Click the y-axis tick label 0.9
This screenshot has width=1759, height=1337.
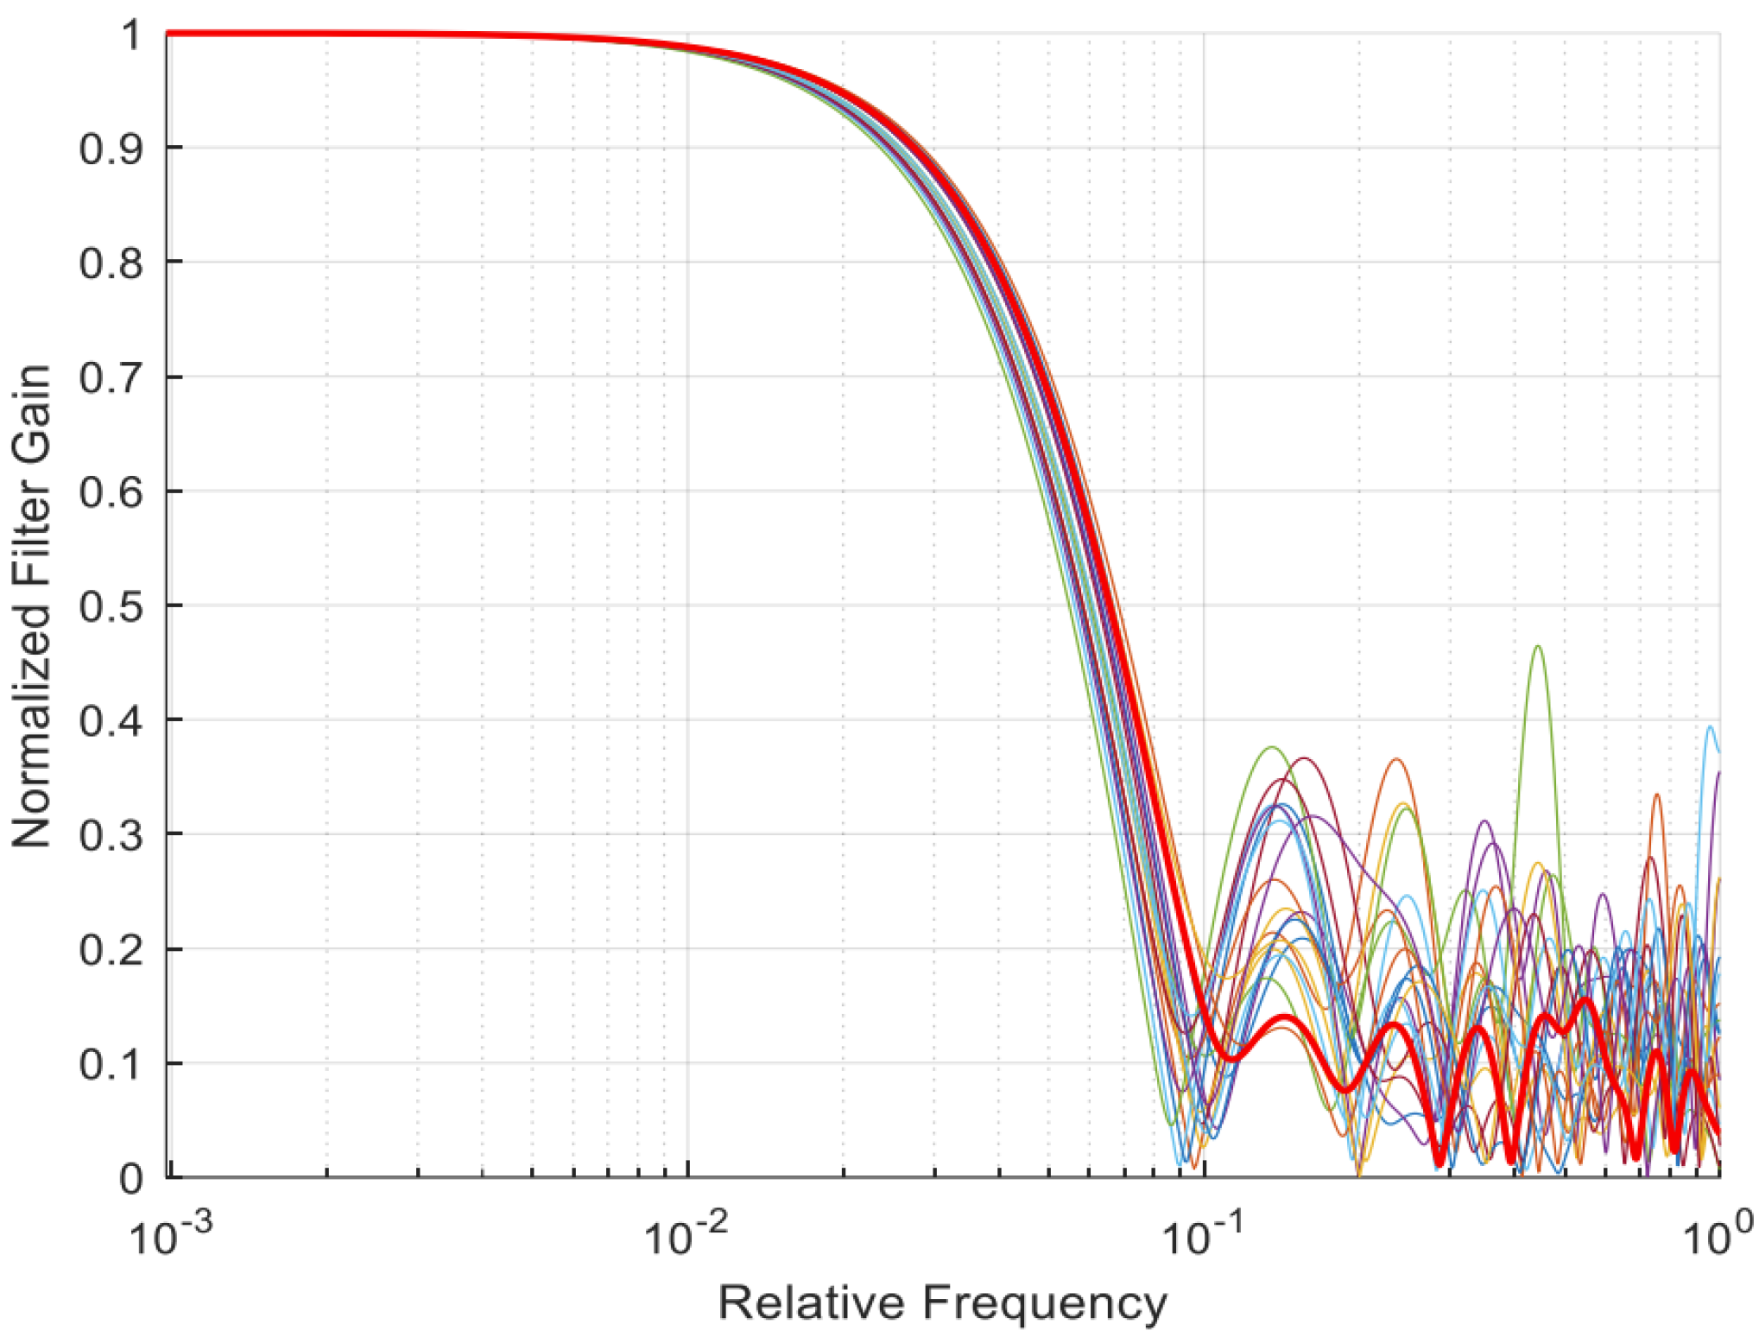coord(111,149)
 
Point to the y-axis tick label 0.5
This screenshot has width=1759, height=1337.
coord(111,607)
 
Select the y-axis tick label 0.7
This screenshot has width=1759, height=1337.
coord(111,378)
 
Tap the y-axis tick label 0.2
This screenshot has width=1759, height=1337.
coord(111,951)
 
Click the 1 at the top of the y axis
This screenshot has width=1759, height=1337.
coord(130,36)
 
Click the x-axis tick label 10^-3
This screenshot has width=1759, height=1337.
coord(170,1236)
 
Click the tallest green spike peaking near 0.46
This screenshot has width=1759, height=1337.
coord(1537,648)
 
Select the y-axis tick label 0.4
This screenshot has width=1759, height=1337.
coord(111,721)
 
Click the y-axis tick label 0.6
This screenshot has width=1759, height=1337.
coord(111,493)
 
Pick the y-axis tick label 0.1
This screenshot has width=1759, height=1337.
coord(111,1065)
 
